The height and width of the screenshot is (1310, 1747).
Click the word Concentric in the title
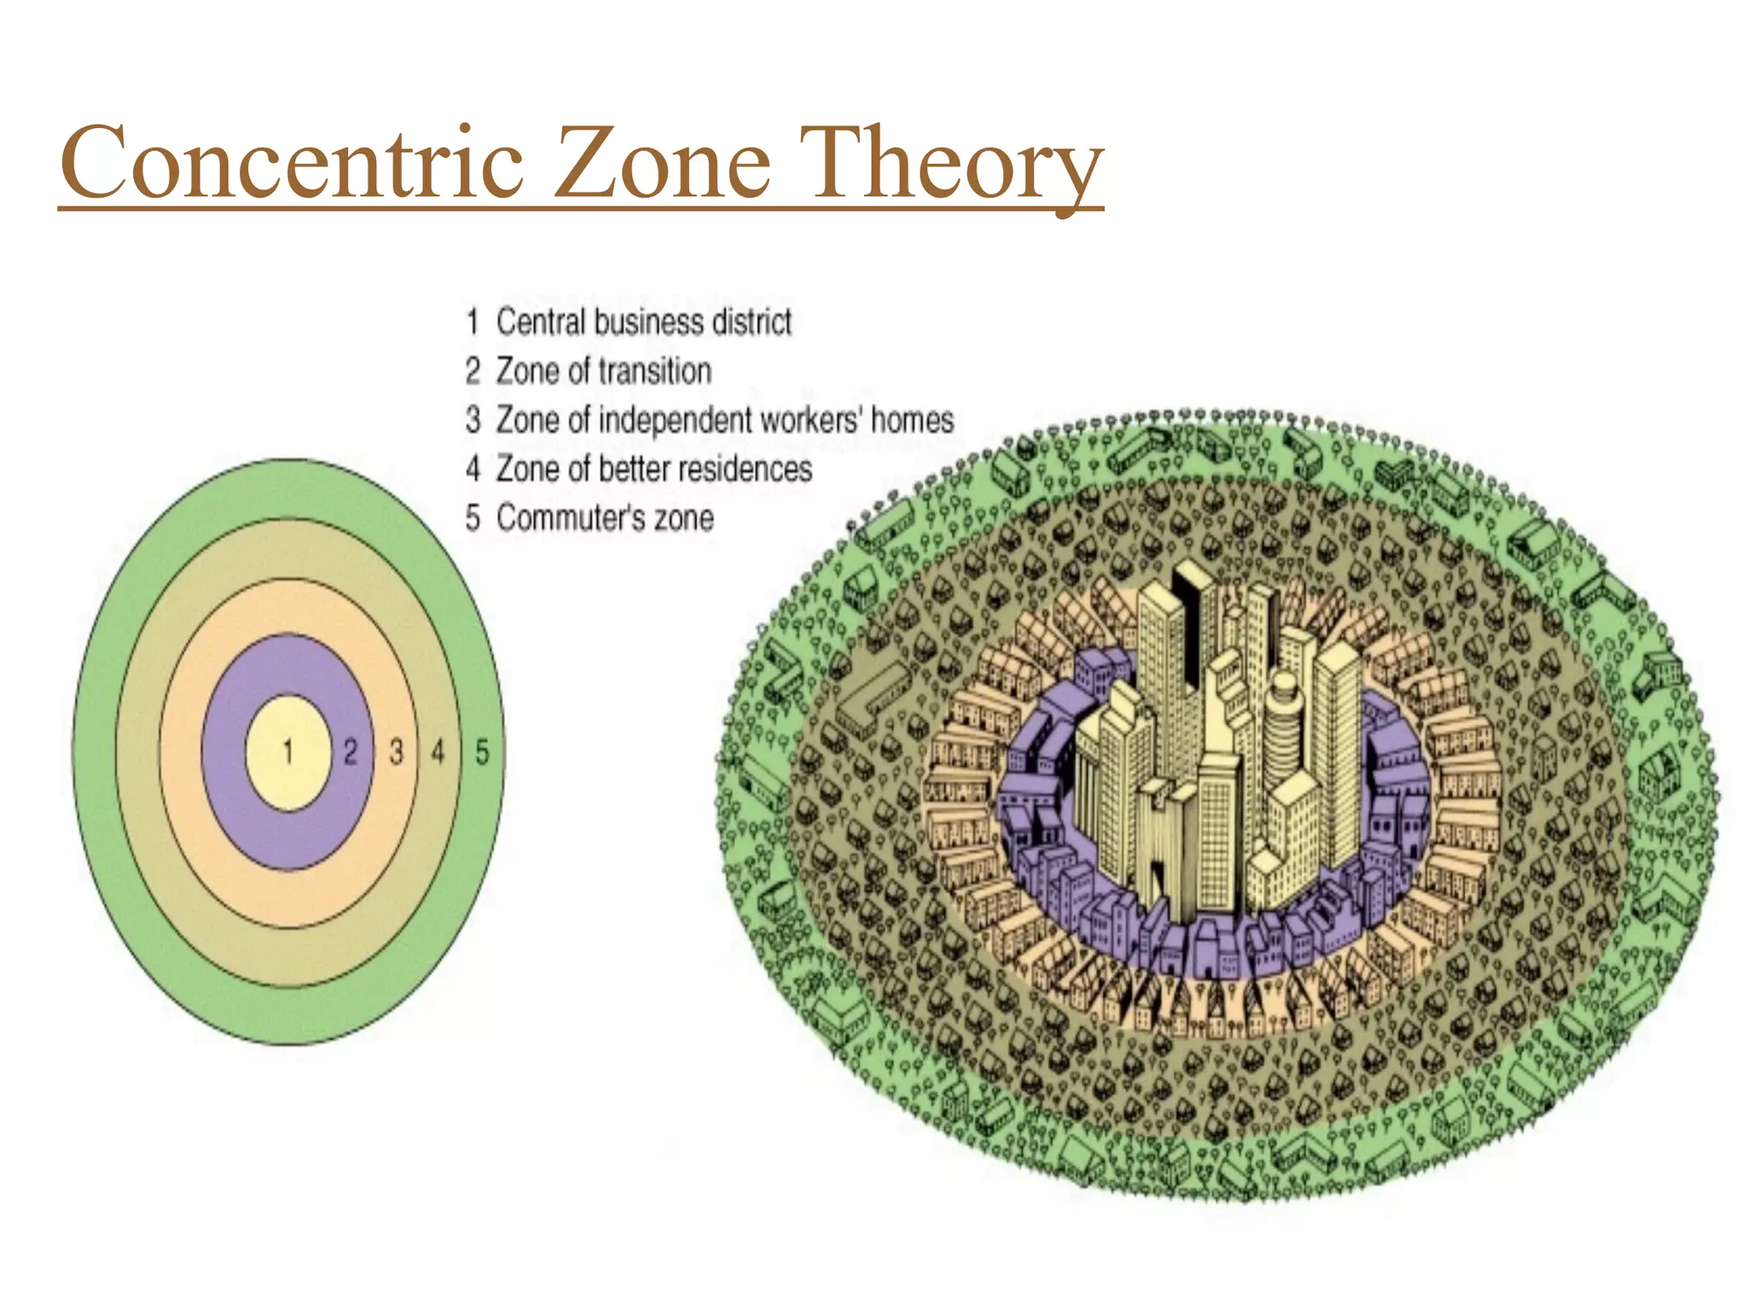click(x=292, y=162)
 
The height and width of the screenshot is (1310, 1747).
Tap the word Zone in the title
click(x=665, y=162)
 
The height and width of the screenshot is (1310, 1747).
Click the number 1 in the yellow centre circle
click(x=288, y=751)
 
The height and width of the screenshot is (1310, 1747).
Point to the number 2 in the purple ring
click(x=351, y=751)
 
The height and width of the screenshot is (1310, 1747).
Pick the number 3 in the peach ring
click(x=396, y=751)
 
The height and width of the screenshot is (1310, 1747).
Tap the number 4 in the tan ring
click(x=438, y=751)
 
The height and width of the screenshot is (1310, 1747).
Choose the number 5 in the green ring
click(x=482, y=751)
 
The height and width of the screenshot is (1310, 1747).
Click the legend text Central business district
click(x=644, y=322)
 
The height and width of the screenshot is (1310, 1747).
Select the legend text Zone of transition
click(x=604, y=371)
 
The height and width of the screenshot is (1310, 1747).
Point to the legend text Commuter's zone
click(x=605, y=518)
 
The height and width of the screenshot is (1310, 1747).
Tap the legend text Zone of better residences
click(x=654, y=469)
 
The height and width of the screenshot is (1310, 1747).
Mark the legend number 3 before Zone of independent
click(x=473, y=420)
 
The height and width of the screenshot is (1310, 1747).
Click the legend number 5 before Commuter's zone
click(x=473, y=518)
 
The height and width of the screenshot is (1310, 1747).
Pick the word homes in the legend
click(x=912, y=420)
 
